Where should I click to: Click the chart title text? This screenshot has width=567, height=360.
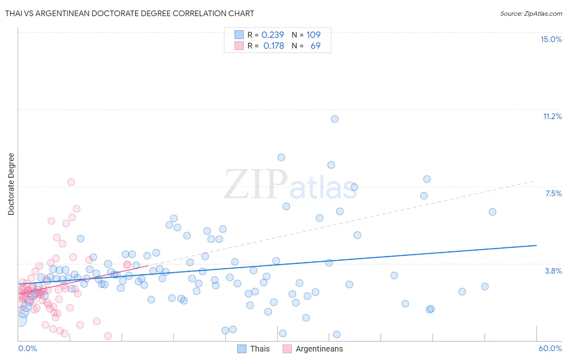[x=129, y=13]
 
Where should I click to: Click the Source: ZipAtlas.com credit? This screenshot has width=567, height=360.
[x=531, y=13]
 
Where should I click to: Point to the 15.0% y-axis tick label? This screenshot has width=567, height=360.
[x=551, y=39]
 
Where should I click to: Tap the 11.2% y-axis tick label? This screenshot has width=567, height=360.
[x=552, y=116]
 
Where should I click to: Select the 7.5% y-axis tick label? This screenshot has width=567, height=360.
[x=553, y=193]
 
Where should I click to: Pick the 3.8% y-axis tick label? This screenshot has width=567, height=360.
[x=553, y=271]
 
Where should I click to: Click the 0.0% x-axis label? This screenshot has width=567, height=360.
[x=27, y=348]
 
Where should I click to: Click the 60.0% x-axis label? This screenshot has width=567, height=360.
[x=550, y=348]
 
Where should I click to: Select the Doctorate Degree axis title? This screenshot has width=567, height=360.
[x=11, y=184]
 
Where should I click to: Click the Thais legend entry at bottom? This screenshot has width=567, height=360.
[x=260, y=349]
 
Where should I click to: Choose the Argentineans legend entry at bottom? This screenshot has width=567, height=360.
[x=319, y=349]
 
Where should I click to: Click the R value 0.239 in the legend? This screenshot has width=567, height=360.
[x=273, y=35]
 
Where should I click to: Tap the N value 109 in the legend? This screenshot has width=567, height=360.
[x=313, y=35]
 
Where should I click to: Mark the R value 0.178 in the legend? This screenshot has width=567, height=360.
[x=273, y=46]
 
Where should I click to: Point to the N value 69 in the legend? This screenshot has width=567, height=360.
[x=315, y=46]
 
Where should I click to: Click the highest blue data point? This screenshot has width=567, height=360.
[x=334, y=119]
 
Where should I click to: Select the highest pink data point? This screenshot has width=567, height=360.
[x=71, y=182]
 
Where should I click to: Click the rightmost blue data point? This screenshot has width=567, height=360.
[x=492, y=212]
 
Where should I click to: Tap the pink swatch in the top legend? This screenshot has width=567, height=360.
[x=239, y=46]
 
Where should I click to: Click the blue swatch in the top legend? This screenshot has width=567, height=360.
[x=239, y=35]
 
